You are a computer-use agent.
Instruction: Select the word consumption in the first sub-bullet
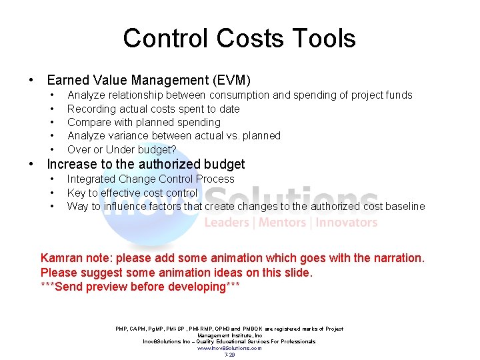pyautogui.click(x=234, y=95)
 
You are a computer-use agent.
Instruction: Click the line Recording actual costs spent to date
pyautogui.click(x=153, y=109)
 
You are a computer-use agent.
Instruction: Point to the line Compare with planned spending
pyautogui.click(x=143, y=122)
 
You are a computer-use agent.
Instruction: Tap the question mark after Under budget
pyautogui.click(x=173, y=149)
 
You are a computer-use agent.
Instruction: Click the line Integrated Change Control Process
pyautogui.click(x=151, y=179)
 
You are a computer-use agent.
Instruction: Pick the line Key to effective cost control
pyautogui.click(x=132, y=193)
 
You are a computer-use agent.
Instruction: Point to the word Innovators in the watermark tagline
pyautogui.click(x=346, y=223)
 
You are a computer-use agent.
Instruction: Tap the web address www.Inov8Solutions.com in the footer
pyautogui.click(x=229, y=348)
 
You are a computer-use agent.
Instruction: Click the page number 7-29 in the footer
pyautogui.click(x=229, y=355)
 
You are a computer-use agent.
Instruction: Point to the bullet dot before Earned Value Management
pyautogui.click(x=32, y=81)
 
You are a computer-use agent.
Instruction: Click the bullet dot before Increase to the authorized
pyautogui.click(x=32, y=164)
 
